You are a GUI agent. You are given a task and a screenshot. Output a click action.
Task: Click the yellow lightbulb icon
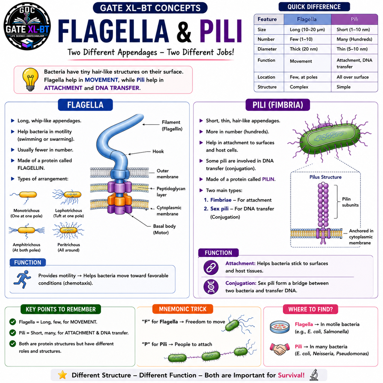[30, 79]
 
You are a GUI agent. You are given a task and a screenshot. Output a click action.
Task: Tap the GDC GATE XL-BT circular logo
[27, 26]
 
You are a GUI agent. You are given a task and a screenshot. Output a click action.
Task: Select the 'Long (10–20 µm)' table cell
[307, 30]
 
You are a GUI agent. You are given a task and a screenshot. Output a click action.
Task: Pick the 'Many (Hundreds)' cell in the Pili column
[354, 39]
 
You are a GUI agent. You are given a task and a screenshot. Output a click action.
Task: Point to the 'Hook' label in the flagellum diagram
[158, 151]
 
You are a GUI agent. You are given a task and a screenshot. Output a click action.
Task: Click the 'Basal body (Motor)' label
[164, 229]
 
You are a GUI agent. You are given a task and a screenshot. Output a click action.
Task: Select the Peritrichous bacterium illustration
[68, 231]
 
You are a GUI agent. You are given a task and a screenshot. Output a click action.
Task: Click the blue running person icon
[22, 279]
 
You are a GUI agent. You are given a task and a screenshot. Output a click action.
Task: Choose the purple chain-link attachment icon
[211, 267]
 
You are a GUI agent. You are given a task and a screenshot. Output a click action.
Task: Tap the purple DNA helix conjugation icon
[211, 287]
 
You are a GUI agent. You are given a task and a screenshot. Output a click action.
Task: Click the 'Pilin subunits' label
[350, 202]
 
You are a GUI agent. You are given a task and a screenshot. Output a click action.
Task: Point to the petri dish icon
[280, 327]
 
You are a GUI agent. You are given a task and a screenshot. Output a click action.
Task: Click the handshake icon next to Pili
[280, 349]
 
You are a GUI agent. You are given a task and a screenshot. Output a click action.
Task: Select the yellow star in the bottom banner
[62, 374]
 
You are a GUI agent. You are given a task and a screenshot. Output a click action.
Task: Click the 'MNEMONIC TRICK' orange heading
[182, 309]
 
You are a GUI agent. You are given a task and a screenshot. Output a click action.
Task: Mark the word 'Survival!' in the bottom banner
[291, 375]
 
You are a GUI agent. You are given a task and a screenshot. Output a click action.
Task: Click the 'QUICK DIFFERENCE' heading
[314, 7]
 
